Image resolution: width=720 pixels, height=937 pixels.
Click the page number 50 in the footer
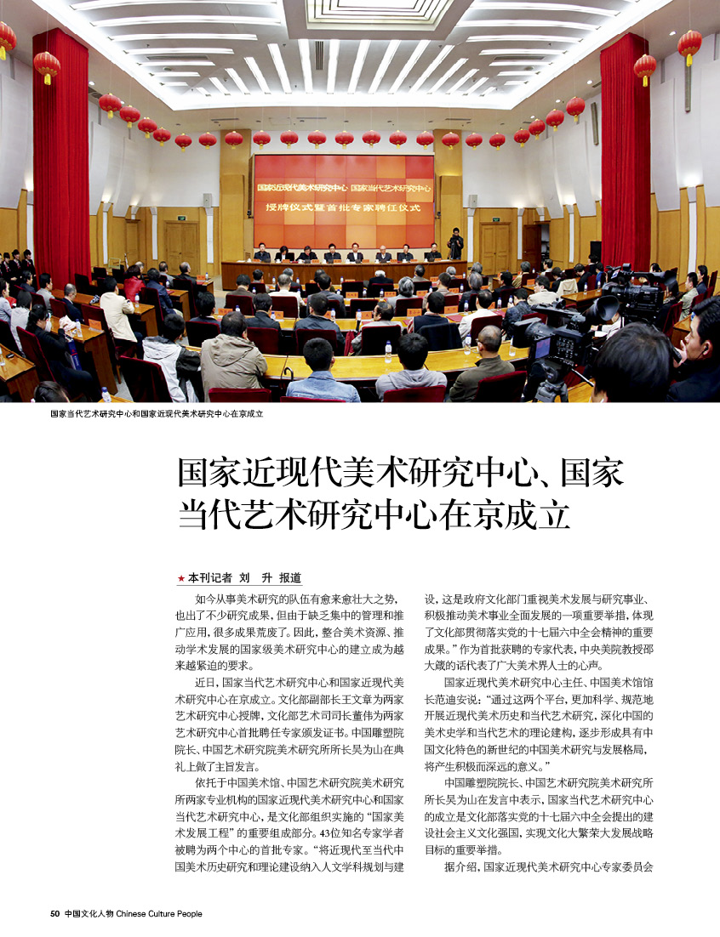click(x=54, y=914)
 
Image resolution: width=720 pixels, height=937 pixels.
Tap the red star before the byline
click(x=180, y=577)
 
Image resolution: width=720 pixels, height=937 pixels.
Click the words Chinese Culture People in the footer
click(x=159, y=914)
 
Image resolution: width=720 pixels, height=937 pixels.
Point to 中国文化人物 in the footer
click(x=89, y=914)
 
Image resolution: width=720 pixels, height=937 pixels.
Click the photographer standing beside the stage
click(x=455, y=244)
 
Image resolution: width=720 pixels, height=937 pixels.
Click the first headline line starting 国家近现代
click(x=400, y=472)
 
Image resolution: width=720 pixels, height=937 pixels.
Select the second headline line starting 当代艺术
click(x=373, y=515)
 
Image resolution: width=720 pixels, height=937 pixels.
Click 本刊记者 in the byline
click(x=209, y=577)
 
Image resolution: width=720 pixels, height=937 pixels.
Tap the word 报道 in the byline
click(x=289, y=577)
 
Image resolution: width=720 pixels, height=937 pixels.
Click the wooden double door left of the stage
click(x=181, y=247)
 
